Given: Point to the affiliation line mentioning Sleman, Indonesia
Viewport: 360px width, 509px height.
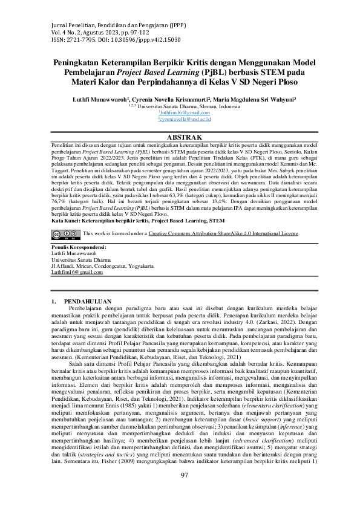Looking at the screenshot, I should [x=180, y=105].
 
